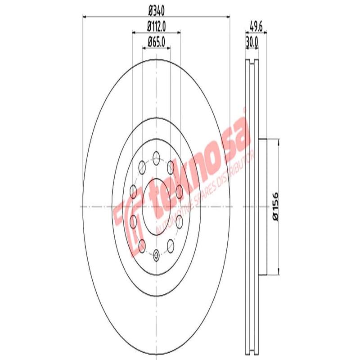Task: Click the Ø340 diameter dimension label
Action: pos(156,10)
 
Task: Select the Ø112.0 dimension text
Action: pos(156,27)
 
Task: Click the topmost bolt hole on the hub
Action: pos(156,157)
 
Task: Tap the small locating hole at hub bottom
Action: pos(156,256)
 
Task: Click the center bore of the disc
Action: pos(156,206)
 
